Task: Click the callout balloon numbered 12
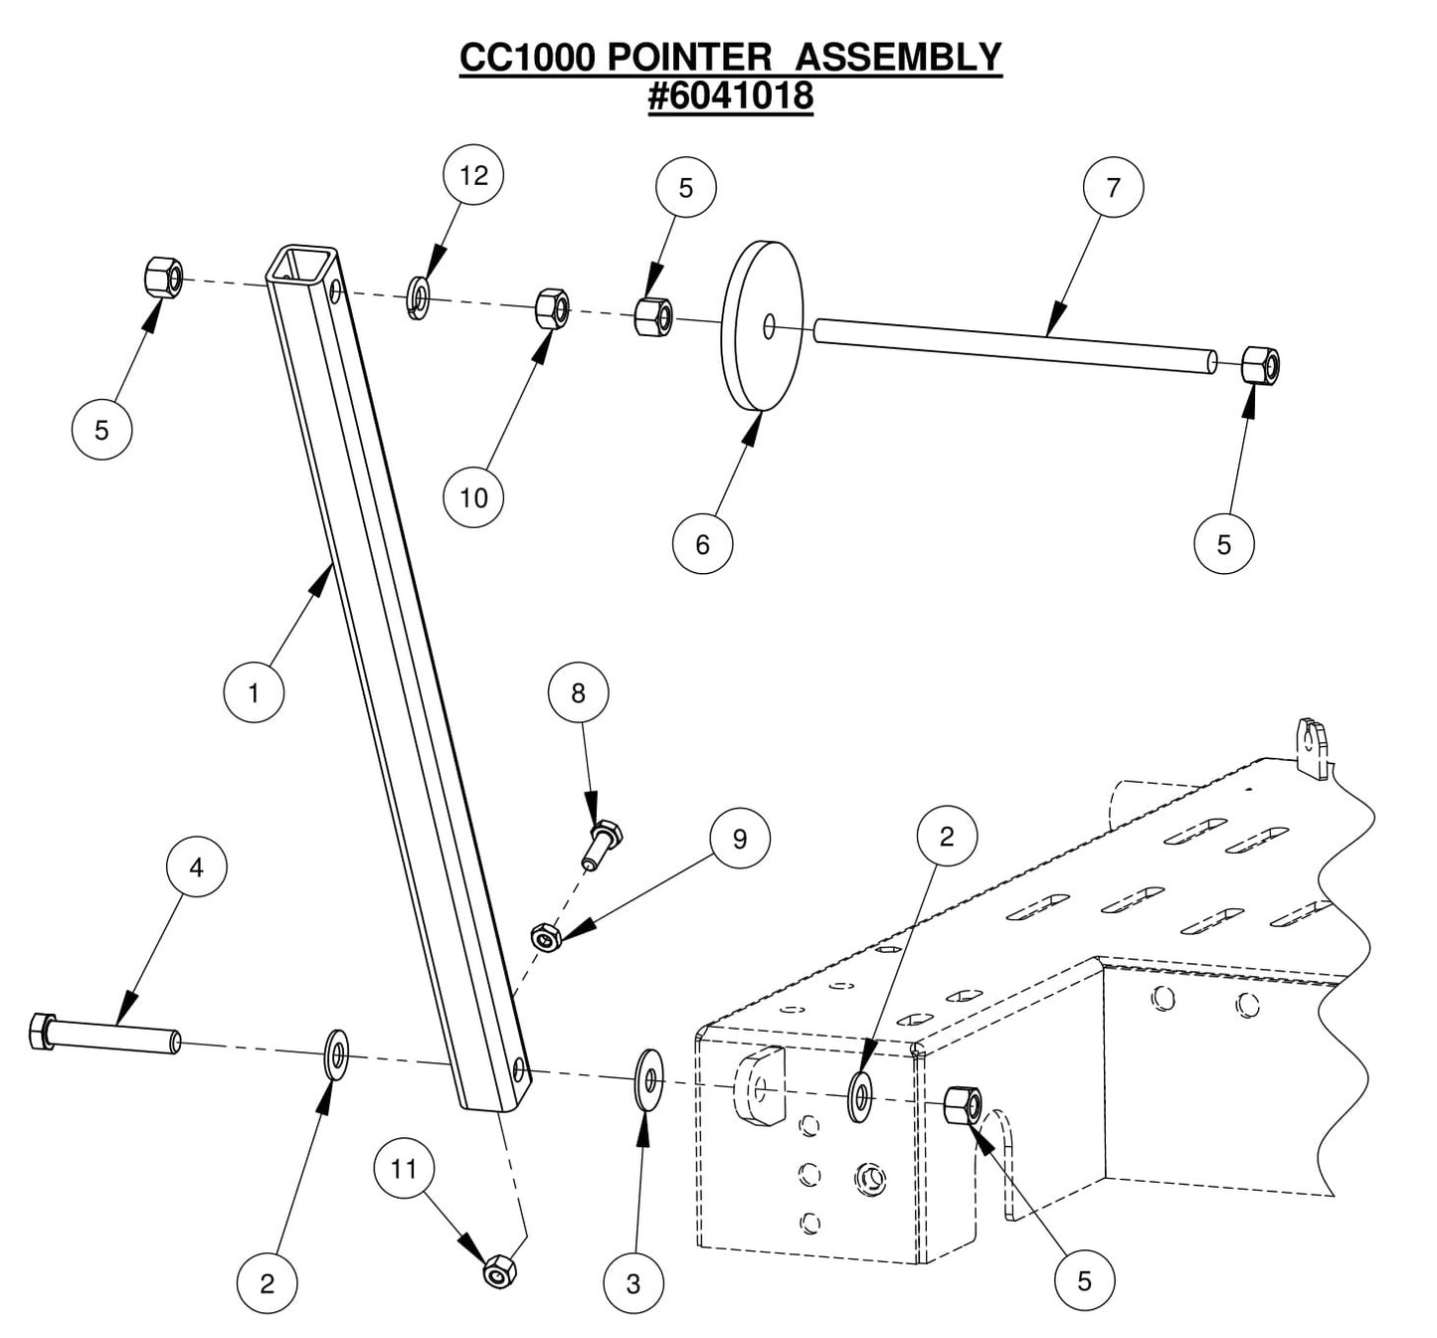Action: click(473, 176)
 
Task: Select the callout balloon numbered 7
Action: click(1113, 187)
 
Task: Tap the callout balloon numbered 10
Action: click(473, 497)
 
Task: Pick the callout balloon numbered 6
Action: click(702, 544)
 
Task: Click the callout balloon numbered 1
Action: click(254, 692)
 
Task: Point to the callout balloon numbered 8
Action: click(578, 693)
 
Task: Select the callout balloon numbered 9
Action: click(739, 839)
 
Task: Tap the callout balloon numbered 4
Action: click(196, 867)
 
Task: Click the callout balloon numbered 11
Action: click(404, 1168)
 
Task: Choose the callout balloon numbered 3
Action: click(633, 1284)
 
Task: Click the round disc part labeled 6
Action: click(761, 324)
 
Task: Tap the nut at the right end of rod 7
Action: click(1260, 366)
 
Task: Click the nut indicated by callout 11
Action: click(498, 1271)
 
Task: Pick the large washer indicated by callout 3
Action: click(648, 1076)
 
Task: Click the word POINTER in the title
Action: click(688, 58)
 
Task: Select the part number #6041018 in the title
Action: click(731, 96)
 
